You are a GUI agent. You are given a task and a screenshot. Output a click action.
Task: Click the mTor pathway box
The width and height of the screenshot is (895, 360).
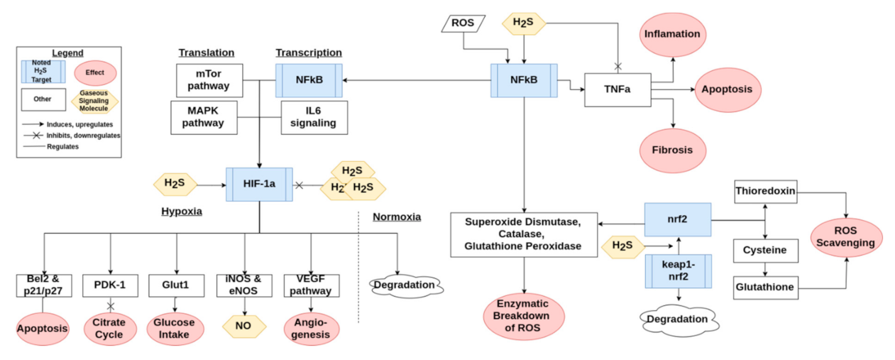(x=209, y=80)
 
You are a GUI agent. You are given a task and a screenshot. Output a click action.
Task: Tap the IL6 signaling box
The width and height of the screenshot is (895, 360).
(x=314, y=117)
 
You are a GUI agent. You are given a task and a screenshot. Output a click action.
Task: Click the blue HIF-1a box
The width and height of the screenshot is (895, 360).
(x=258, y=185)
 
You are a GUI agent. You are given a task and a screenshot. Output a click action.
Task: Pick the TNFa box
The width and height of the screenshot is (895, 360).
(x=617, y=90)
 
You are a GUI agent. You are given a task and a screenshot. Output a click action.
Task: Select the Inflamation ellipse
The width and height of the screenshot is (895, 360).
(x=671, y=34)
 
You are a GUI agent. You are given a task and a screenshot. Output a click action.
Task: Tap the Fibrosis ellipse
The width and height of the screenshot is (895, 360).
(x=671, y=151)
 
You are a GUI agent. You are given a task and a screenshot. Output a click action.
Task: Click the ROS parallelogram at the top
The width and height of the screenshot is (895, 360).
(x=462, y=23)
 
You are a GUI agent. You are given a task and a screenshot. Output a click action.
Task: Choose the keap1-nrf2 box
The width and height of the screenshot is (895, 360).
(x=678, y=271)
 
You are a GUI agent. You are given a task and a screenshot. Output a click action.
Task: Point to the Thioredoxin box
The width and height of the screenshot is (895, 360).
(x=764, y=190)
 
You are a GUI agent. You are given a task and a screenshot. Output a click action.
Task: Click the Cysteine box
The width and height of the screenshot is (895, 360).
(x=764, y=251)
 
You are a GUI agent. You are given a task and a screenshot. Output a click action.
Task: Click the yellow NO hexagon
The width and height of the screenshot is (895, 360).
(x=244, y=326)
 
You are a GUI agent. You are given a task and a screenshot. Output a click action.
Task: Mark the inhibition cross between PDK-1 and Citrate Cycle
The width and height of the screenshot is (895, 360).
(x=110, y=306)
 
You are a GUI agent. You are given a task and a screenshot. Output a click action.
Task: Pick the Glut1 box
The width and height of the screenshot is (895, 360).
(x=176, y=285)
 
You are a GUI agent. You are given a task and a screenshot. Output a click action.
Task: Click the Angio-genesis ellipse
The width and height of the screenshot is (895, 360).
(x=311, y=328)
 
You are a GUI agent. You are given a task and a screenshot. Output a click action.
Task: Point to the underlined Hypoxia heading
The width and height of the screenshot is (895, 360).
(x=182, y=212)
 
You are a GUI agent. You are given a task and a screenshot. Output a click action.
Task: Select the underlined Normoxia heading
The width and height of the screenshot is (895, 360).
(x=397, y=217)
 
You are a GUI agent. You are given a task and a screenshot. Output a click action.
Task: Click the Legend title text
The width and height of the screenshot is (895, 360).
(x=67, y=53)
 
